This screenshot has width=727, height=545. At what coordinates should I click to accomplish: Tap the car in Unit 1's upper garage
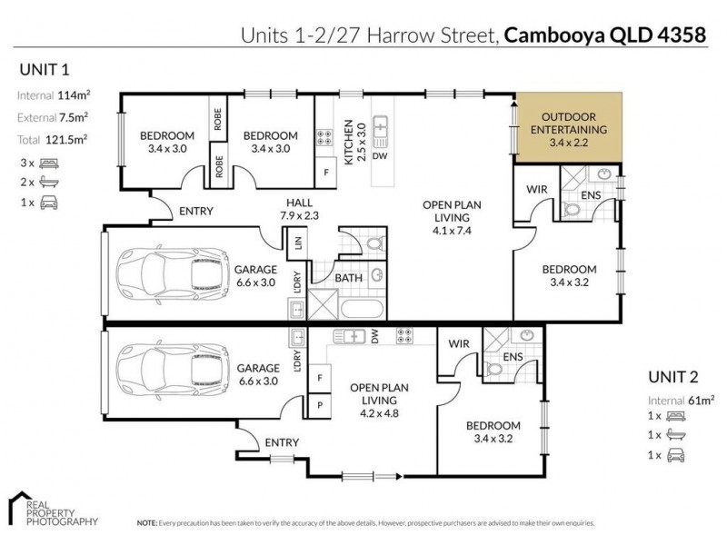click(173, 273)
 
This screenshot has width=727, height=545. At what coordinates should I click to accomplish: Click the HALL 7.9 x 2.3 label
click(302, 209)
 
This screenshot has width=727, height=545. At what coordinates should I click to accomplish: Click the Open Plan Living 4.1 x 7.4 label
click(445, 218)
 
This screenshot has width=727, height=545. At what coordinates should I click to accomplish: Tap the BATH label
click(349, 278)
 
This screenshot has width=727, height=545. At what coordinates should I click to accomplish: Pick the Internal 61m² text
click(682, 400)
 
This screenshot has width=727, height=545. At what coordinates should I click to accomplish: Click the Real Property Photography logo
click(53, 509)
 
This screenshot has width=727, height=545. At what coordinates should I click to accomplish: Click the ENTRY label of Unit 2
click(283, 442)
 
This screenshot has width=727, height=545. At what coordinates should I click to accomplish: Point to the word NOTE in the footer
click(146, 524)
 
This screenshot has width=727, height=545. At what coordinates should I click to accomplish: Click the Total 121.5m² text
click(52, 139)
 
